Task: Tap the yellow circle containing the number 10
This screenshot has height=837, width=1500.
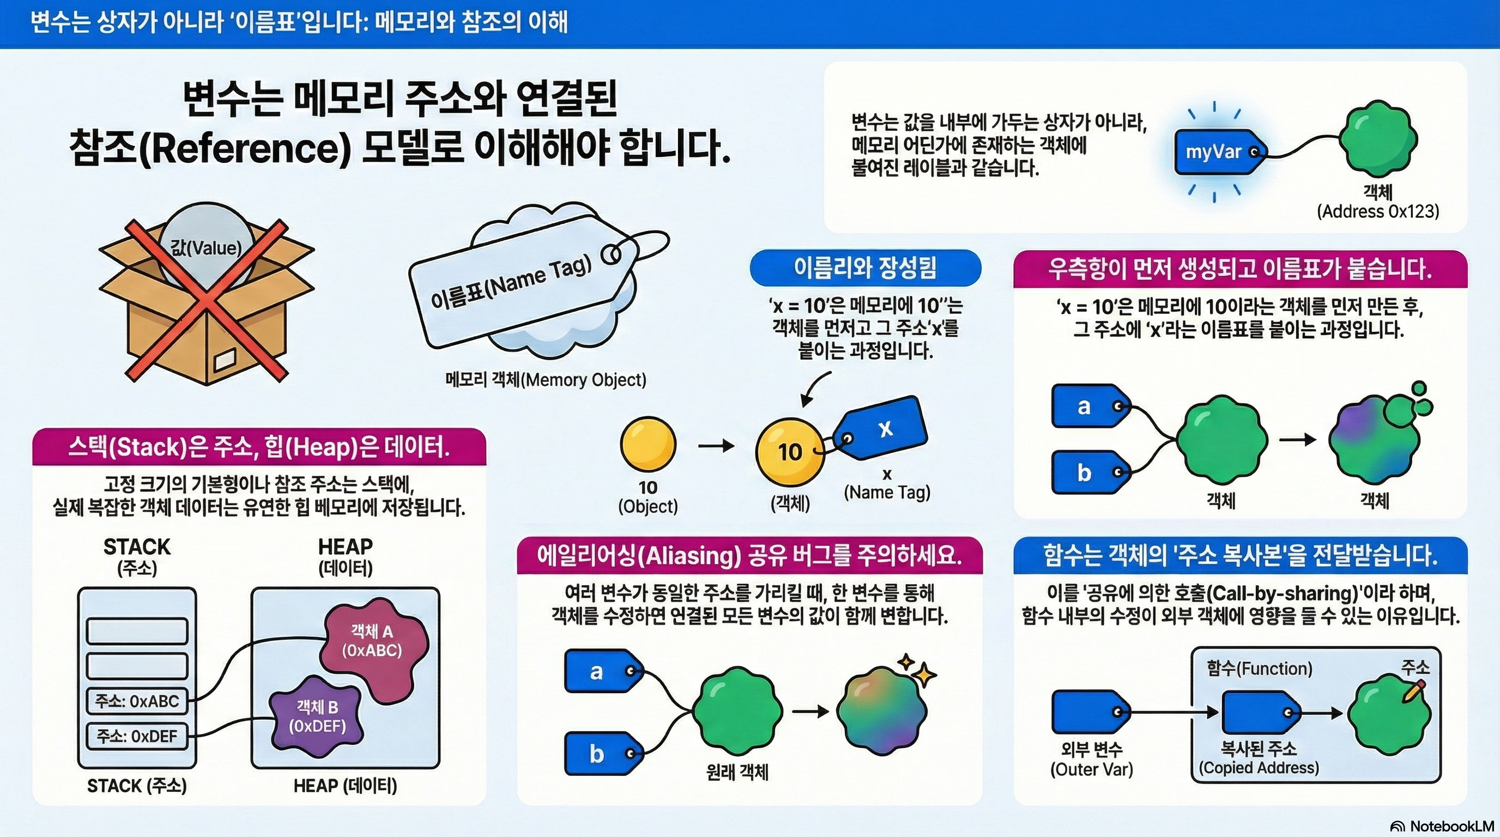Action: click(x=790, y=452)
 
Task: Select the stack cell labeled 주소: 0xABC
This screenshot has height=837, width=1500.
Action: click(x=137, y=701)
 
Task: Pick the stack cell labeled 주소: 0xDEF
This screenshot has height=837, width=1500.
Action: click(x=137, y=736)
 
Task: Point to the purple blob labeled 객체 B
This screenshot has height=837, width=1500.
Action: click(x=318, y=717)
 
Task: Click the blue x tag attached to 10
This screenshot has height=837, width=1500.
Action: click(x=882, y=428)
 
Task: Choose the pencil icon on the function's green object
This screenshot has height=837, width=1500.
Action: click(x=1414, y=691)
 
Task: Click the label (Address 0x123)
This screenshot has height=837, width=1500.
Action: click(x=1378, y=211)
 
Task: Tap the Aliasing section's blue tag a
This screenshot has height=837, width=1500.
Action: click(x=600, y=671)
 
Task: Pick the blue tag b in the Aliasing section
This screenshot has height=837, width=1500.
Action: click(x=600, y=754)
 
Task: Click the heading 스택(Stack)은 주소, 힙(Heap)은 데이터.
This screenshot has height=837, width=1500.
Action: click(x=259, y=447)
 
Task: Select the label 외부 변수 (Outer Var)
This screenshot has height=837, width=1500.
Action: click(x=1091, y=759)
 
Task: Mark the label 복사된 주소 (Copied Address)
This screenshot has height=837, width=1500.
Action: click(x=1259, y=758)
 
